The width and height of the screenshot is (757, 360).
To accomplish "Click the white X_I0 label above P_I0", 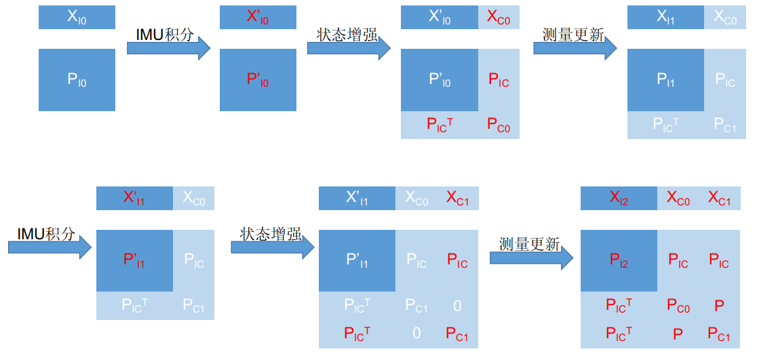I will [77, 18].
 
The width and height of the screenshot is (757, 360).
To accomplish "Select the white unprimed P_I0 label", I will [77, 79].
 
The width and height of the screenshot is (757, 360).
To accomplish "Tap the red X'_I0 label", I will [258, 18].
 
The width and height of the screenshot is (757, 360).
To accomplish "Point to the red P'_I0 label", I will [258, 79].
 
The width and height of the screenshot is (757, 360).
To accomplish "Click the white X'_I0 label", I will [440, 18].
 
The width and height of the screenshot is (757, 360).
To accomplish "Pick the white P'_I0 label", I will [440, 79].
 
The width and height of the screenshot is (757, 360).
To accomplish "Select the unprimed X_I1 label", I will [665, 18].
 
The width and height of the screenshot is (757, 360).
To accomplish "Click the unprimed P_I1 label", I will [665, 79].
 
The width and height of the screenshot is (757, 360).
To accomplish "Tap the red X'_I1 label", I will [134, 198].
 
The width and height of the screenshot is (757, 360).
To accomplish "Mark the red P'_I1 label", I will [134, 260].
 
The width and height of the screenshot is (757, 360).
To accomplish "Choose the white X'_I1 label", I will [357, 198].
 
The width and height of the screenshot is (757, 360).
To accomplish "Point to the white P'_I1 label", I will [357, 260].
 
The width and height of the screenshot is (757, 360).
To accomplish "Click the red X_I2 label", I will [619, 198].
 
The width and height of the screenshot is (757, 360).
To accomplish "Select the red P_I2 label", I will [619, 260].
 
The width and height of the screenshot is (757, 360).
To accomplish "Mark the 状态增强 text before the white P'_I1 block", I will [271, 234].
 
